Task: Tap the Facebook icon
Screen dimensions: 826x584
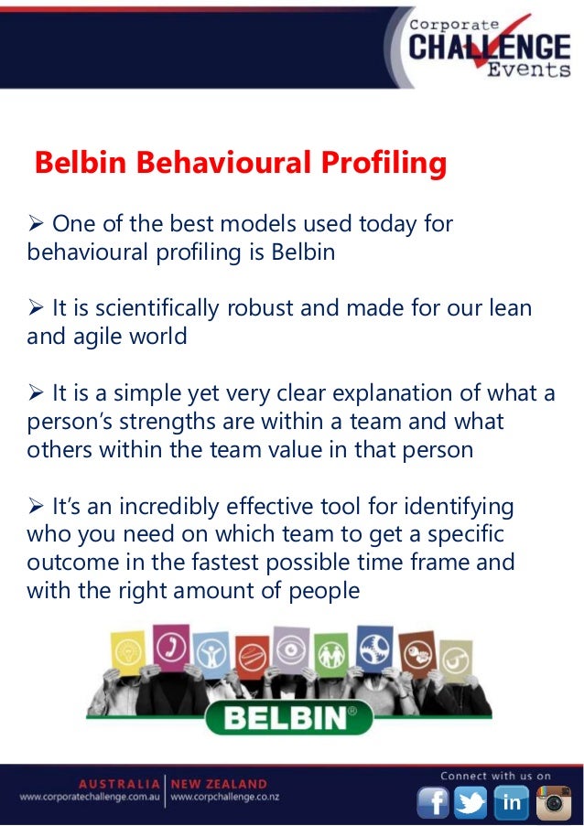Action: (433, 802)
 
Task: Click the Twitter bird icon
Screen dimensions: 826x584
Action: (471, 802)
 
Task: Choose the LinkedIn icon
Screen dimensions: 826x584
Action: (511, 802)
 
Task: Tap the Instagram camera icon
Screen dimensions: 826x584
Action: (552, 802)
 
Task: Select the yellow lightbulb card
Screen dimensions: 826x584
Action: (126, 656)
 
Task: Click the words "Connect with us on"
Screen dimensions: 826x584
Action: (495, 776)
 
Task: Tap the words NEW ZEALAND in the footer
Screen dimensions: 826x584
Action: (218, 784)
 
